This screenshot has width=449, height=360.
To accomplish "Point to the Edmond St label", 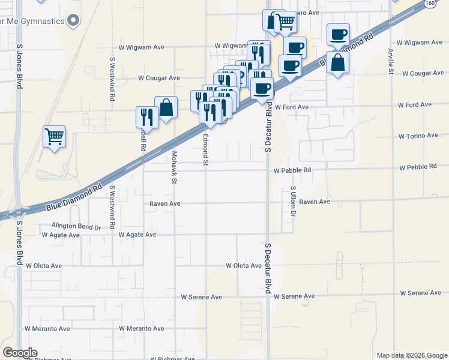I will pos(205,150).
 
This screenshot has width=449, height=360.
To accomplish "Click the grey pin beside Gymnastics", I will pos(73,21).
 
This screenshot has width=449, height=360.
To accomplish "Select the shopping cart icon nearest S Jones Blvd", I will pos(54,136).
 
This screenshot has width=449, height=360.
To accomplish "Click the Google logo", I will pos(20,353).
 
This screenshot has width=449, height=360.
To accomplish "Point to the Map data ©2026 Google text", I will pos(411,355).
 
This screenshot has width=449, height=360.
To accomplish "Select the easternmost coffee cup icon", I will pos(338,34).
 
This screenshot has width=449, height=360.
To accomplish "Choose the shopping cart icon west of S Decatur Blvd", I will pos(285,22).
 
